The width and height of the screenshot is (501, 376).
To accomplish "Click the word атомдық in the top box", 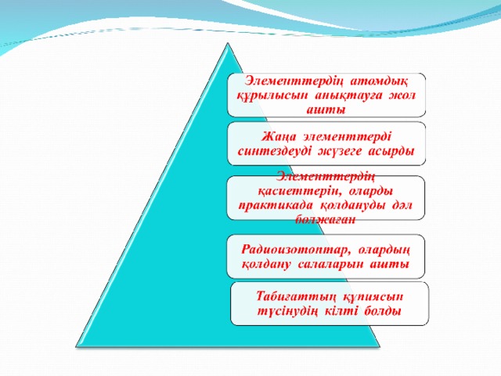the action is click(379, 81).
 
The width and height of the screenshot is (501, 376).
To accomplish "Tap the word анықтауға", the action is click(348, 96).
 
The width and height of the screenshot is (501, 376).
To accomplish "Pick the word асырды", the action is click(391, 151).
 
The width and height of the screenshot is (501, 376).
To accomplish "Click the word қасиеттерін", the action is click(298, 191).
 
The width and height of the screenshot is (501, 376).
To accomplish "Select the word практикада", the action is click(276, 205).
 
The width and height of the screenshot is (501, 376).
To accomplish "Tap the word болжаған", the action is click(326, 219).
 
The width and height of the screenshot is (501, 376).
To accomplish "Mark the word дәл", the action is click(402, 205).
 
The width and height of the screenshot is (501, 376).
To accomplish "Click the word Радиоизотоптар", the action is click(294, 249).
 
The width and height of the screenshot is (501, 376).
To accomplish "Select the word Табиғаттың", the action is click(296, 297).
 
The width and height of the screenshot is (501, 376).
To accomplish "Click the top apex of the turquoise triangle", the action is click(228, 43).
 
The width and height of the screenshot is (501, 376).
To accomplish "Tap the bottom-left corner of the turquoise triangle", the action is click(76, 346).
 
